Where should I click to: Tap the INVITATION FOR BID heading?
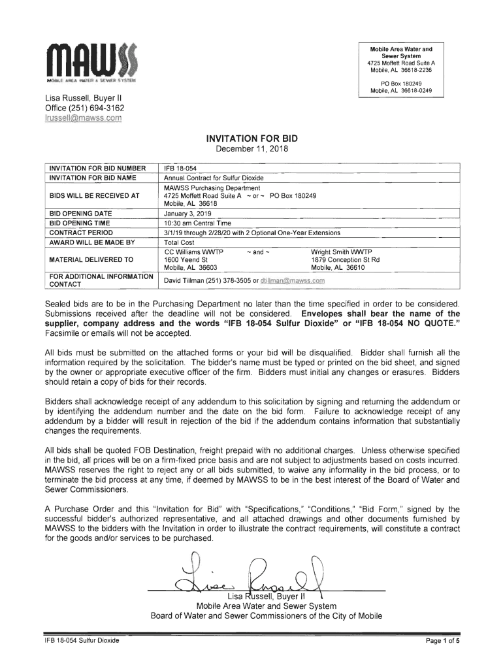click(252, 139)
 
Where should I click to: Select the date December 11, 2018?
click(252, 150)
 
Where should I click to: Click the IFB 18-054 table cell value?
click(176, 169)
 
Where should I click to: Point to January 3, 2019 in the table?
click(186, 213)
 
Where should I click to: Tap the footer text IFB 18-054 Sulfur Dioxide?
click(78, 640)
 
